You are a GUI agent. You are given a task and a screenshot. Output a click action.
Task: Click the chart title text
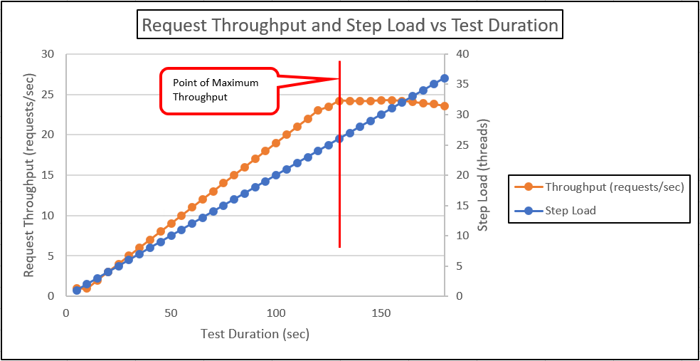pos(350,26)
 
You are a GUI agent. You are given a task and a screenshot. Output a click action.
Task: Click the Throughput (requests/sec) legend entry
pos(614,187)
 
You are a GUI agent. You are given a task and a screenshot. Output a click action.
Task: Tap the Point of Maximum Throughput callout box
pos(217,90)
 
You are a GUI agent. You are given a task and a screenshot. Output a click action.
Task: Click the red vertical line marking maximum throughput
pos(339,178)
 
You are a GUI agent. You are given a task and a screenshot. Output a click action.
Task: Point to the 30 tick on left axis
pos(49,54)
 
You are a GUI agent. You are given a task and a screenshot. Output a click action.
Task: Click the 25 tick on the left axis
pos(49,95)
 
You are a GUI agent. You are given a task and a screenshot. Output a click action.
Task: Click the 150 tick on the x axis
pos(381,312)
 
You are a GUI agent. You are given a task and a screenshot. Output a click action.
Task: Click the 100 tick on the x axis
pos(277,312)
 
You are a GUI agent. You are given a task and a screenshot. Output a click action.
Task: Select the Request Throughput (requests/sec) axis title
pos(29,175)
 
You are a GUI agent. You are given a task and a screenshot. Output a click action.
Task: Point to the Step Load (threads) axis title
pos(483,175)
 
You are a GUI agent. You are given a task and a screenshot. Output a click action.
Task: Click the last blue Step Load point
pos(445,78)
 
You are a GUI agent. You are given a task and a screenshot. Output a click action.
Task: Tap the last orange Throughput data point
pos(445,106)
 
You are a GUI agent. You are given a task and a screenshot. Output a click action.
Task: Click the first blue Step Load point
pos(77,290)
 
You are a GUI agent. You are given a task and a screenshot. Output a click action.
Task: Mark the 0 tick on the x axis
pos(66,312)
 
